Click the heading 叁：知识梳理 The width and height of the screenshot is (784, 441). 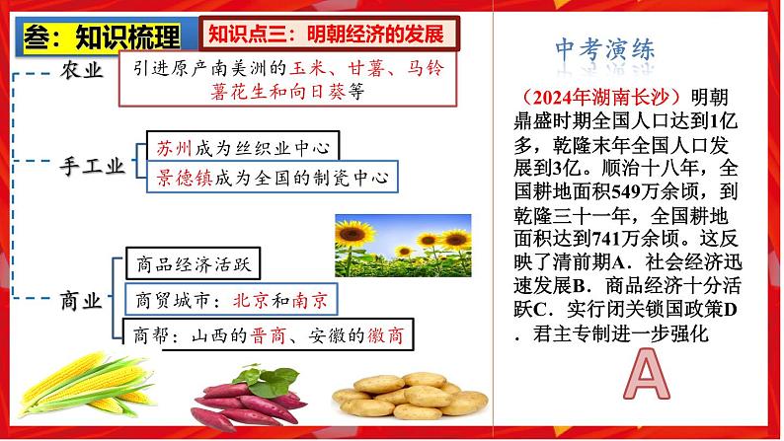point(102,37)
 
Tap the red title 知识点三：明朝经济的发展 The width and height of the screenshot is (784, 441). point(326,34)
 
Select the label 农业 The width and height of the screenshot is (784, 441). point(82,70)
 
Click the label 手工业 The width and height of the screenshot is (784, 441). point(92,167)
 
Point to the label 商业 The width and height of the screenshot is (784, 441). point(81,301)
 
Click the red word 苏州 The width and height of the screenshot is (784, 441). point(174,148)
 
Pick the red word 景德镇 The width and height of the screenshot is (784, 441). point(184,178)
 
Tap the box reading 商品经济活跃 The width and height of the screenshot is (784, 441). point(193,263)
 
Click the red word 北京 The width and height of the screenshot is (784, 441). point(251,300)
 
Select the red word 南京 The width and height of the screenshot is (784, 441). point(309,300)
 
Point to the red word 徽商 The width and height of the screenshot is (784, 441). point(385,335)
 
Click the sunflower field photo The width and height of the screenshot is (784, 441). point(403,246)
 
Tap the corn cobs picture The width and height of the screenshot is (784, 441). point(86,384)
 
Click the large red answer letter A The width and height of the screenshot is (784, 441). point(646,374)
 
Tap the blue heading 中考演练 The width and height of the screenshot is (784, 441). point(604,49)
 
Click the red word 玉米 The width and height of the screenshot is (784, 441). point(309,68)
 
